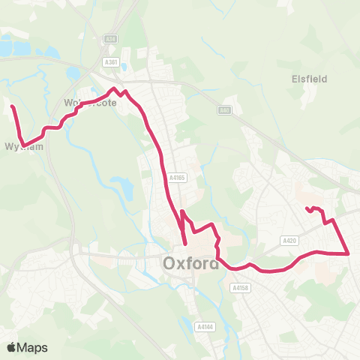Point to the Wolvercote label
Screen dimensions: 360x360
coord(91,103)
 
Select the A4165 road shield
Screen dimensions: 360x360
coord(177,178)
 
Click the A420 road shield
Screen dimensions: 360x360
coord(290,240)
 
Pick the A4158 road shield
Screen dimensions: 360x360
coord(240,287)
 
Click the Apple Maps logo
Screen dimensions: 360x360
coord(26,347)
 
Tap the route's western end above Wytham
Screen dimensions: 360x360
coord(12,108)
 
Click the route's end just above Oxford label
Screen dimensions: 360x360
coord(185,243)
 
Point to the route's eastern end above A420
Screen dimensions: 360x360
coord(307,209)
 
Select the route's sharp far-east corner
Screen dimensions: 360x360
coord(349,253)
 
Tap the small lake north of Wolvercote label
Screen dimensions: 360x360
coord(73,74)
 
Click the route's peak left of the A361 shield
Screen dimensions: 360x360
coord(115,89)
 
